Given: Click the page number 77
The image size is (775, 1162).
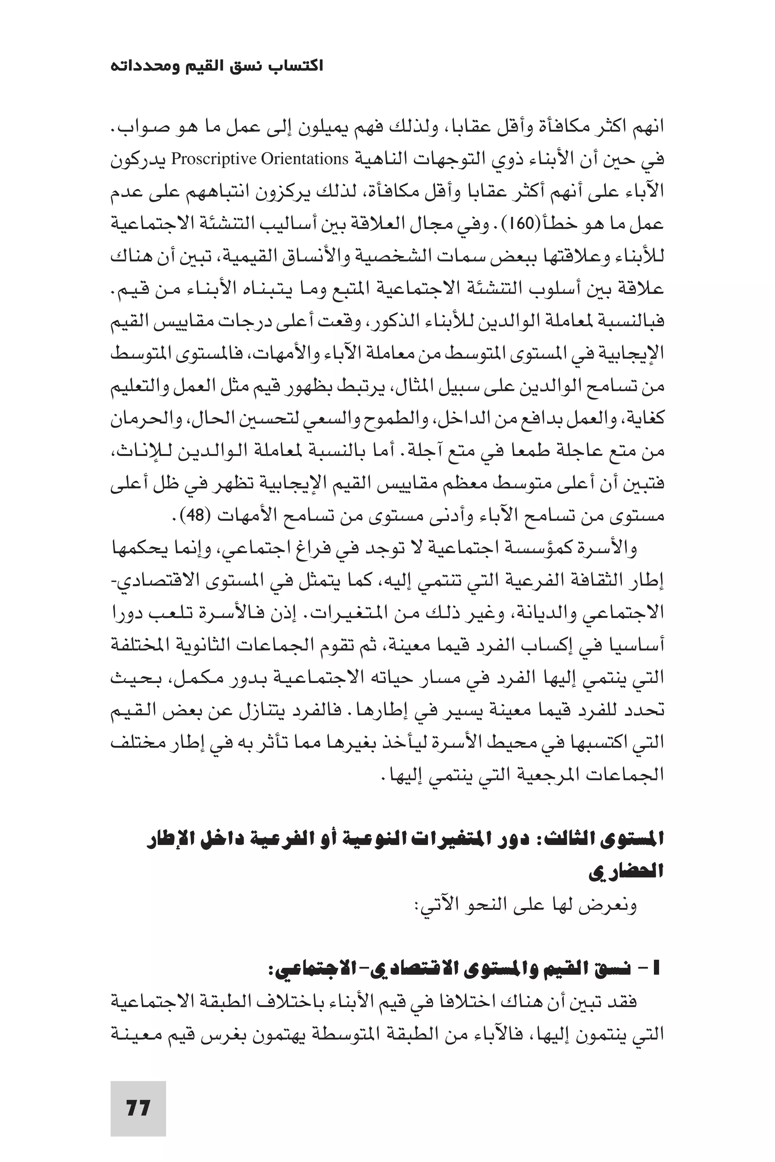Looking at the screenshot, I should (138, 1107).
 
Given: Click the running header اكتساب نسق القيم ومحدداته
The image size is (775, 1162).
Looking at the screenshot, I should (216, 66).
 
